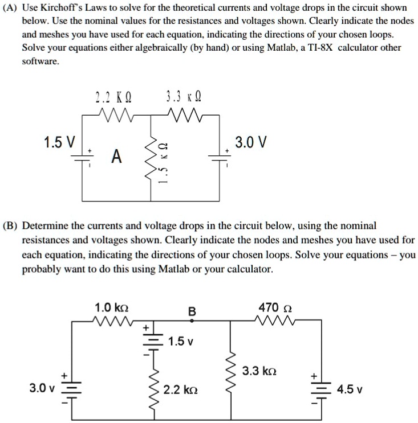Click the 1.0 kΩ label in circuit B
click(x=111, y=307)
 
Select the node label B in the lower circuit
click(x=192, y=311)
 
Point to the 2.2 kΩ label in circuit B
click(x=180, y=390)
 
